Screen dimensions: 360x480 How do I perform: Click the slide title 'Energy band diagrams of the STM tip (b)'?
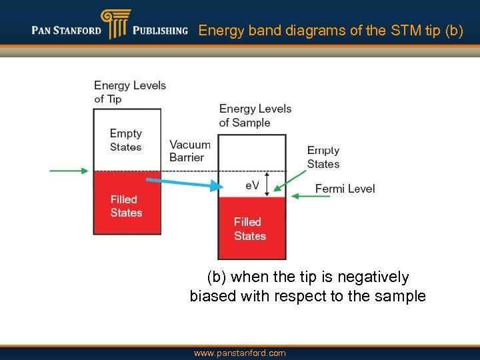click(x=331, y=31)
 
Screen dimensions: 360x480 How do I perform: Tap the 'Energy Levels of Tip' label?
click(x=129, y=92)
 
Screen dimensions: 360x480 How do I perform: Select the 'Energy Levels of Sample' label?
click(x=255, y=115)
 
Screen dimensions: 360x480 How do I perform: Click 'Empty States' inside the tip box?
click(x=126, y=140)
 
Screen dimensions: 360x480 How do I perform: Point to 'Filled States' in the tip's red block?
click(x=126, y=206)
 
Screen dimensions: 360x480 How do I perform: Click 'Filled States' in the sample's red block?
click(x=250, y=229)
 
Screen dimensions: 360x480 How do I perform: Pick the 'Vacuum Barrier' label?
click(x=189, y=151)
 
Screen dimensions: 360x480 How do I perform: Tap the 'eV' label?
click(x=251, y=185)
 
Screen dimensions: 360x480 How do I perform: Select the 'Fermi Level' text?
click(x=345, y=189)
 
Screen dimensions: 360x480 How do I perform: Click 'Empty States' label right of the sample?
click(x=323, y=157)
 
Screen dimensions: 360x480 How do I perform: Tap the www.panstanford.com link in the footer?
click(x=240, y=353)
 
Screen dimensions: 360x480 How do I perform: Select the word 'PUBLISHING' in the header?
click(x=160, y=31)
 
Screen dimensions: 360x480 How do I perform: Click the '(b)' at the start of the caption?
click(x=217, y=277)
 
